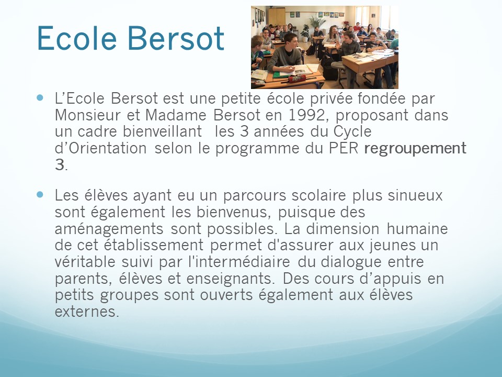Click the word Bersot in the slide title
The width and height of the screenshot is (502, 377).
tap(176, 38)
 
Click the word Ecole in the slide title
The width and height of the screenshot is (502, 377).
tap(77, 38)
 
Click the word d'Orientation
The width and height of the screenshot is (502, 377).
tap(101, 148)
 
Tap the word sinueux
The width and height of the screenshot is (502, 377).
tap(415, 195)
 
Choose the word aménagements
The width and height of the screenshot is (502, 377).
tap(109, 229)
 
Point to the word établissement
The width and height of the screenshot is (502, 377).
tap(154, 245)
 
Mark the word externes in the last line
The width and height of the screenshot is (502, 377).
tap(87, 312)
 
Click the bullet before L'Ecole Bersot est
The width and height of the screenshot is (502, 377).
tap(40, 97)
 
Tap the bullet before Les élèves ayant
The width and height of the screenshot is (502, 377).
tap(40, 194)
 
